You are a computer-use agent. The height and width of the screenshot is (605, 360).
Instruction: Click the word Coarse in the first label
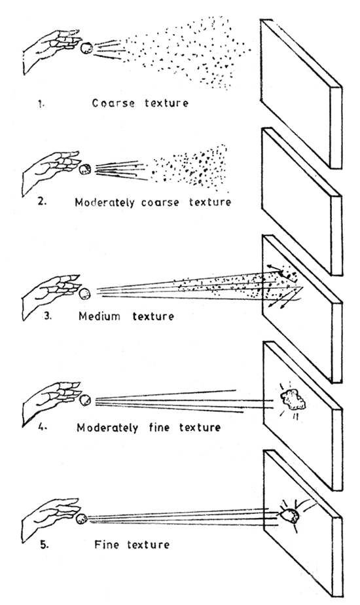(113, 103)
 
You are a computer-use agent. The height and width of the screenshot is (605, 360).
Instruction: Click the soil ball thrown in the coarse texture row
(85, 47)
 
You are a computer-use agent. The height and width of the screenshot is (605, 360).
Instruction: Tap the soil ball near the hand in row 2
(84, 170)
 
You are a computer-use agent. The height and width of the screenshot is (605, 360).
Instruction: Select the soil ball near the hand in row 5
(82, 519)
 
